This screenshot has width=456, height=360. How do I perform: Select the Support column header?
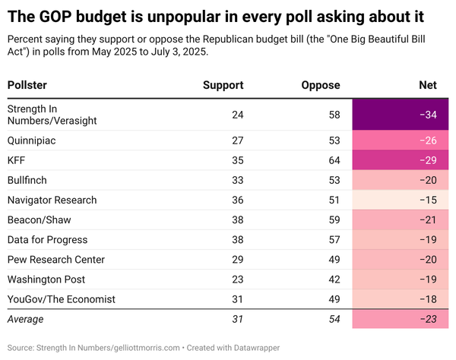pyautogui.click(x=223, y=85)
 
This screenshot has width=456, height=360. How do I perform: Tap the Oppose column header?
pyautogui.click(x=320, y=85)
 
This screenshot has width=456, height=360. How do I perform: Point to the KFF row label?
pyautogui.click(x=17, y=160)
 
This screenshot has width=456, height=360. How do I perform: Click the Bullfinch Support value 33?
pyautogui.click(x=237, y=180)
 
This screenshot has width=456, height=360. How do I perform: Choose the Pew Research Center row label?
pyautogui.click(x=55, y=260)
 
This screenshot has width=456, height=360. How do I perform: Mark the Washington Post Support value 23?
pyautogui.click(x=237, y=279)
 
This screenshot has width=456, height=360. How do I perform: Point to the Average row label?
pyautogui.click(x=26, y=320)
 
